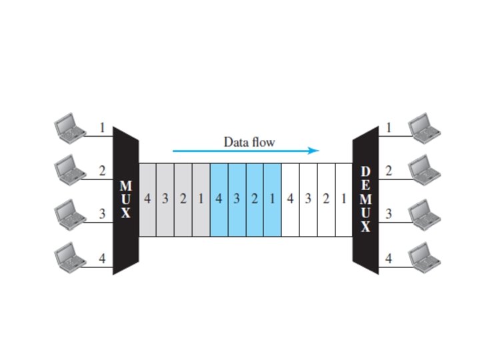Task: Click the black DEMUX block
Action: [x=365, y=199]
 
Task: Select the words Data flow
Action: [x=249, y=141]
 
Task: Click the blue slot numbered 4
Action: [x=219, y=199]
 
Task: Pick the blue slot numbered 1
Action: [x=272, y=199]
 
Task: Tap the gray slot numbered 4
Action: [x=147, y=199]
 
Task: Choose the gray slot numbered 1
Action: [x=201, y=199]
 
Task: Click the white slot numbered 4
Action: [x=290, y=199]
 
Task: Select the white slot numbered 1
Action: [x=343, y=199]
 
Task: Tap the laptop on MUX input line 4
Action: [x=69, y=257]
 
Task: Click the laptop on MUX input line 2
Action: [x=69, y=169]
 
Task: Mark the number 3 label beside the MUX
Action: [x=102, y=214]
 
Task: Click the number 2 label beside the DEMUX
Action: [x=389, y=171]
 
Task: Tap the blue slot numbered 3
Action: [x=237, y=199]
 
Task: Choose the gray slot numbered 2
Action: [x=183, y=199]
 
